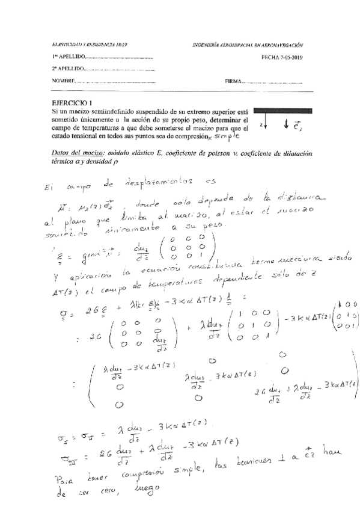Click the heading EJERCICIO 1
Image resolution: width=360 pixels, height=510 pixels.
pos(73,103)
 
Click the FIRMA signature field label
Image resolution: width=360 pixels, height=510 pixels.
pos(234,81)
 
